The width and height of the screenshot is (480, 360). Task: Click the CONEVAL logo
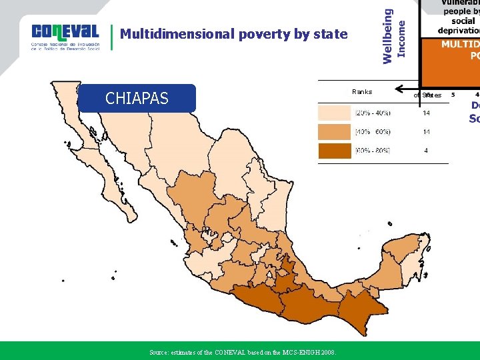[x=65, y=37]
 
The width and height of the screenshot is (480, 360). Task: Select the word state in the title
[x=330, y=34]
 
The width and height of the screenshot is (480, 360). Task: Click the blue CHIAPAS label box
[x=137, y=99]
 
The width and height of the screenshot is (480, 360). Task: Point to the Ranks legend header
[x=361, y=92]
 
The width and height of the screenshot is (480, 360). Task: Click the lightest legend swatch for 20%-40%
[x=334, y=113]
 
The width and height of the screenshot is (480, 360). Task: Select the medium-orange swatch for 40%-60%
[x=334, y=132]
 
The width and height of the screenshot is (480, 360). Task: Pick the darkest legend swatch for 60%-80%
[x=334, y=151]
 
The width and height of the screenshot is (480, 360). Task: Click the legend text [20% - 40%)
[x=373, y=113]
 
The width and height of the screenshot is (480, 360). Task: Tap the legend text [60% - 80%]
[x=373, y=151]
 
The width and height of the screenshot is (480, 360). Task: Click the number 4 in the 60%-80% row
[x=426, y=151]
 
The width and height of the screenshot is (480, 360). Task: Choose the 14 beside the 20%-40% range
[x=426, y=113]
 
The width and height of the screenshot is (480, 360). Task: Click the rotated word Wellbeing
[x=388, y=37]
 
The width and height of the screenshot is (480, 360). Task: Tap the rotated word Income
[x=401, y=39]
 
